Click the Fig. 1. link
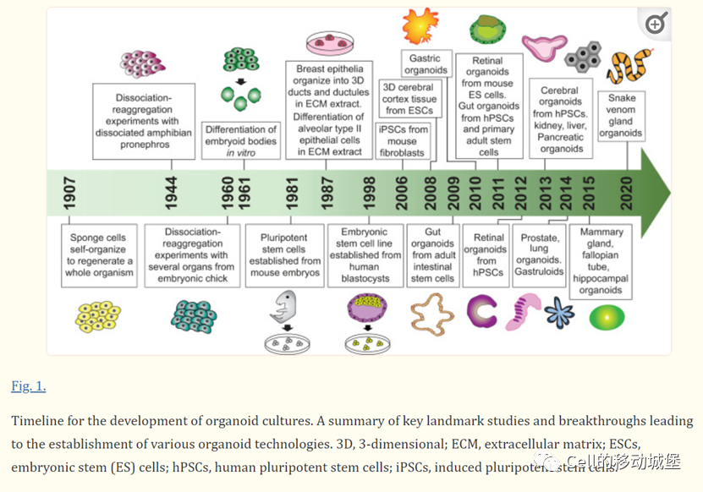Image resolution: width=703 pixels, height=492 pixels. tap(29, 386)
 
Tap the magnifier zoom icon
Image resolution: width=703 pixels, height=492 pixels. tap(656, 24)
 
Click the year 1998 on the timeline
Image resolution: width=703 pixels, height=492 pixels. tap(370, 194)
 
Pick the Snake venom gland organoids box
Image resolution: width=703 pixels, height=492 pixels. tap(622, 115)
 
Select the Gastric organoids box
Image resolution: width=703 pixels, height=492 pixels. tap(426, 64)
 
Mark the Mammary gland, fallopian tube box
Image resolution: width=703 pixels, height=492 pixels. tap(601, 261)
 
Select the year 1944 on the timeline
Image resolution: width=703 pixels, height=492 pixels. tap(172, 194)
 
